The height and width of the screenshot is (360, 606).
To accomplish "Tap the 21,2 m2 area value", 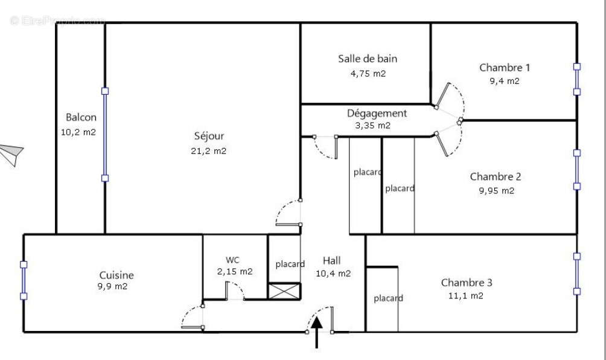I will (x=209, y=151).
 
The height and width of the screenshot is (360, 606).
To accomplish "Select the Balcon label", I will (x=81, y=117).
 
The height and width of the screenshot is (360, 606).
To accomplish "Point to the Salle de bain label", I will (x=368, y=59).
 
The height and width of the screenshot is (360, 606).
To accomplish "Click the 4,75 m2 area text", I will (x=368, y=74).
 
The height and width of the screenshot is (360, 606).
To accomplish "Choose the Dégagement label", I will (x=377, y=113).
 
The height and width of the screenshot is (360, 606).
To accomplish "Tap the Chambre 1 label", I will (x=505, y=68).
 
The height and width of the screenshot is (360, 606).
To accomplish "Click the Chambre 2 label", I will (x=496, y=176).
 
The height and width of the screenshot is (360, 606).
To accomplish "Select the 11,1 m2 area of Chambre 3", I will (x=466, y=296).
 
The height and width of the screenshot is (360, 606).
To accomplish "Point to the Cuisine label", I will (x=116, y=275).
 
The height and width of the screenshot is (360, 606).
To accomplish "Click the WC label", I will (x=233, y=260).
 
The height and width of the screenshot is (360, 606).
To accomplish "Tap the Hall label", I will (x=331, y=260).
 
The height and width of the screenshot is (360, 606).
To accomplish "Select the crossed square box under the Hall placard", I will (x=284, y=291).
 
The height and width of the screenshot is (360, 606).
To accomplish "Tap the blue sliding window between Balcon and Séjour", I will (x=105, y=134).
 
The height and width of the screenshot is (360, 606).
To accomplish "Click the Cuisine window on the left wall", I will (x=24, y=280).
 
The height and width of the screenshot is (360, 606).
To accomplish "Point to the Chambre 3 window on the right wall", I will (x=576, y=274).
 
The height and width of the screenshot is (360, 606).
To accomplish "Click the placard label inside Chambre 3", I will (x=388, y=298).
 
